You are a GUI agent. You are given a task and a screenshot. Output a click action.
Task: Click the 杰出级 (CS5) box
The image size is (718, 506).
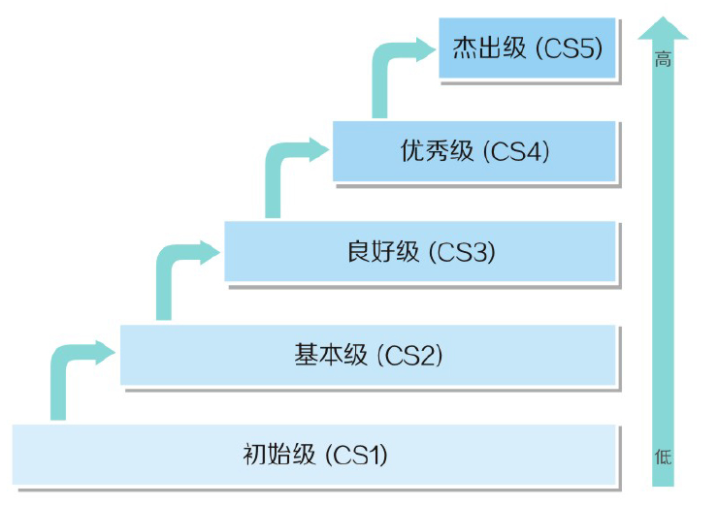527,47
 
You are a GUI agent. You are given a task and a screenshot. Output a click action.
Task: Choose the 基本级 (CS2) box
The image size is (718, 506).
368,355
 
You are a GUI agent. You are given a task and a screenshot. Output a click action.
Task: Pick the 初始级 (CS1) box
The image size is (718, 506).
314,454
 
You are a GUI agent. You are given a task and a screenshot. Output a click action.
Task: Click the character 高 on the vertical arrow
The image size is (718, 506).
663,60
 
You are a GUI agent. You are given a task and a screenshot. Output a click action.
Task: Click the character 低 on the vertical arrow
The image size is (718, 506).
663,456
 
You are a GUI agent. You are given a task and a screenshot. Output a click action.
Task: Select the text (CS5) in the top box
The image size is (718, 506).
572,47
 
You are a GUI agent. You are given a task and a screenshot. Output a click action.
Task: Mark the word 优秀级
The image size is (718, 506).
436,150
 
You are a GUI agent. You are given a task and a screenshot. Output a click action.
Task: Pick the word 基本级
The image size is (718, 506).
330,355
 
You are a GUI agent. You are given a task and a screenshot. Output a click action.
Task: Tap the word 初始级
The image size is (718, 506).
278,454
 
